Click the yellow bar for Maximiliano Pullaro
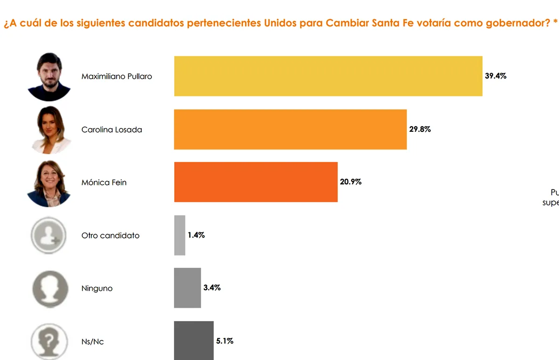[x=328, y=76]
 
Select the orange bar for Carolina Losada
[x=290, y=129]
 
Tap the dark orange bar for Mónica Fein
[x=256, y=182]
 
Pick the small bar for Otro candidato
[x=180, y=235]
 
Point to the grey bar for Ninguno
[x=187, y=288]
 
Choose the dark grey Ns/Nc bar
[x=194, y=340]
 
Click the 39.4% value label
[x=495, y=76]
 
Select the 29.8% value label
[x=420, y=129]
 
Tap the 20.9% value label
[x=350, y=182]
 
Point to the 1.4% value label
[x=196, y=235]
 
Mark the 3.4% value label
[x=212, y=288]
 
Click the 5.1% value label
[x=225, y=341]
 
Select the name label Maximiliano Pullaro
[x=116, y=76]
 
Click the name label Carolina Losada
[x=112, y=129]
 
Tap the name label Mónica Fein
[x=104, y=183]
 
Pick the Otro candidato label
[x=110, y=236]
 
